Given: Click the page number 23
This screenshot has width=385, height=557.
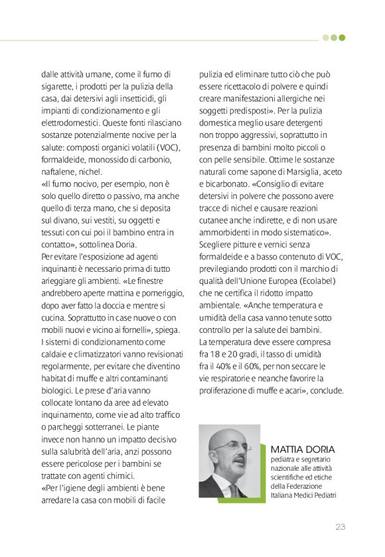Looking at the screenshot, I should pos(340,527).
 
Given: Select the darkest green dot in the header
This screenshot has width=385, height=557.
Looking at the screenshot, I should pos(343,38).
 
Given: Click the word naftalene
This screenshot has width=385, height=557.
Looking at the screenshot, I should pos(59,172).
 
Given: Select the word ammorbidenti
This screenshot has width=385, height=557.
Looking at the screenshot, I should pos(228,233).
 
